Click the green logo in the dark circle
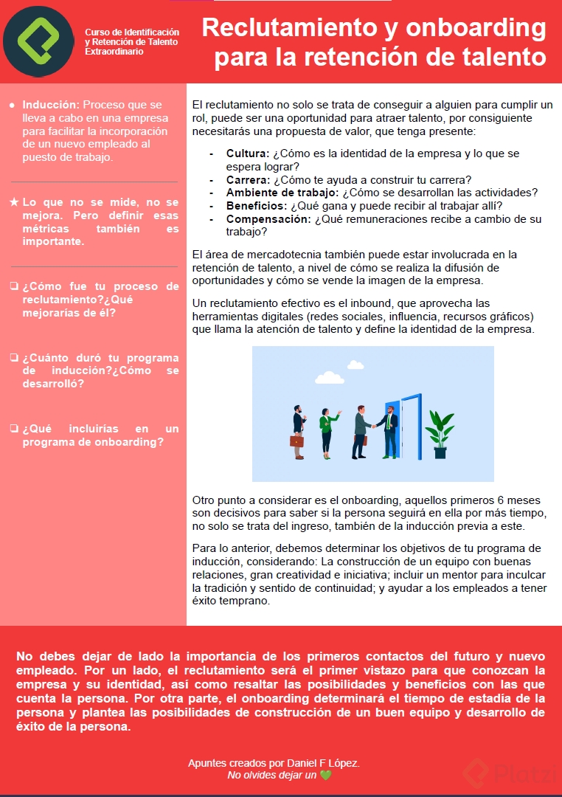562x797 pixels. (x=38, y=41)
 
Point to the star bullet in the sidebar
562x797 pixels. (x=14, y=202)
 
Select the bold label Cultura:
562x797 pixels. (x=248, y=153)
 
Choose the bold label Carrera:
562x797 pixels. (x=248, y=180)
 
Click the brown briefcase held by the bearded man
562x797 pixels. (x=296, y=441)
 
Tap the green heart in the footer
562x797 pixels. (x=326, y=775)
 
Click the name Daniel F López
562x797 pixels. (x=322, y=762)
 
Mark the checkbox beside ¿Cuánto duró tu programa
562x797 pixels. (x=14, y=358)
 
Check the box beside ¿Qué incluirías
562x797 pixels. (x=14, y=429)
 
